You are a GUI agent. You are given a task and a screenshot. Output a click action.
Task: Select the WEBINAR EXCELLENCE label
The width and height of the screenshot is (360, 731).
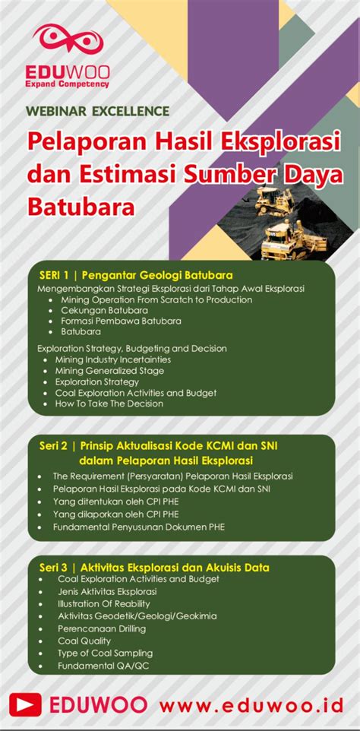[x=97, y=111]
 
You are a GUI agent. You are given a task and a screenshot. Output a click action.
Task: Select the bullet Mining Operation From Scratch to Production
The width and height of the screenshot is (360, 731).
[x=156, y=299]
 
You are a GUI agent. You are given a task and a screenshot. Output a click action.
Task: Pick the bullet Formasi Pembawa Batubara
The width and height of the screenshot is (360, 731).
[x=121, y=321]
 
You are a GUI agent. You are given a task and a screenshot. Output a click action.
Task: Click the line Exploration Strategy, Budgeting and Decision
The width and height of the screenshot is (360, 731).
[x=131, y=348]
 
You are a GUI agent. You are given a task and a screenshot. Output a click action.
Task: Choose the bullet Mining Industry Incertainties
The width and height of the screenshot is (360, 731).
[x=112, y=359]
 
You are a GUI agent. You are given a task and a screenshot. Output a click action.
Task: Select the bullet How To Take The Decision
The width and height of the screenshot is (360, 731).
[x=109, y=403]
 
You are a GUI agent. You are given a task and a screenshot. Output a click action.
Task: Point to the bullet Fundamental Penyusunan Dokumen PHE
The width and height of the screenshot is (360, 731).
[x=139, y=527]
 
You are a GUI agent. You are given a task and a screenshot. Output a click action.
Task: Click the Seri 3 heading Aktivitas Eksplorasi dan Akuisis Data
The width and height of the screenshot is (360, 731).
[x=153, y=567]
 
